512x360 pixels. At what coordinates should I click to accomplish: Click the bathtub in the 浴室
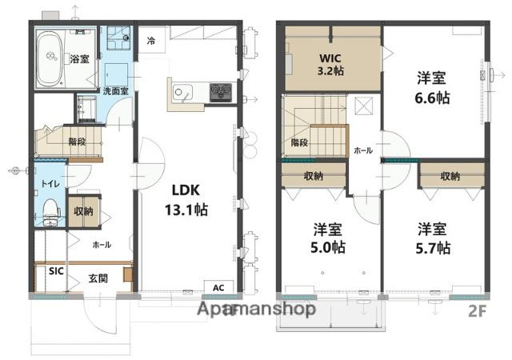pyautogui.click(x=50, y=59)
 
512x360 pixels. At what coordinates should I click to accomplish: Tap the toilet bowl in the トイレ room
pyautogui.click(x=51, y=209)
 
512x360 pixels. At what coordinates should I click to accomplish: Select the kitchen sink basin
pyautogui.click(x=182, y=92)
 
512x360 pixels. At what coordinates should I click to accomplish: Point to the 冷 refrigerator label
pyautogui.click(x=151, y=41)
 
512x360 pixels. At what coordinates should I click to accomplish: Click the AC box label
pyautogui.click(x=218, y=288)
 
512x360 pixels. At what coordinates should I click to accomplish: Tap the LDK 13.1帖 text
pyautogui.click(x=186, y=200)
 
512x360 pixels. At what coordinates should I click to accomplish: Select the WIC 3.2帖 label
pyautogui.click(x=330, y=64)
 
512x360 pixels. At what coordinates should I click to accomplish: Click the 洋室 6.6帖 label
pyautogui.click(x=432, y=87)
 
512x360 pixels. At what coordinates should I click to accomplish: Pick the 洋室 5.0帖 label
pyautogui.click(x=327, y=238)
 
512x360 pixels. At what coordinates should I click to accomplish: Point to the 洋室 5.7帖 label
pyautogui.click(x=433, y=238)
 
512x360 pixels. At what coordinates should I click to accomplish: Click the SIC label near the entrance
pyautogui.click(x=56, y=271)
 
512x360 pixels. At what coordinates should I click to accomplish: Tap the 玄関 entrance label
pyautogui.click(x=98, y=278)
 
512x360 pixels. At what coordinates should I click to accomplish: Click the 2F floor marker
pyautogui.click(x=478, y=311)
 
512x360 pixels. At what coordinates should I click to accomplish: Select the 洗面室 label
pyautogui.click(x=115, y=91)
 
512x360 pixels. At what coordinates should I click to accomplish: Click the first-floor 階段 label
pyautogui.click(x=77, y=142)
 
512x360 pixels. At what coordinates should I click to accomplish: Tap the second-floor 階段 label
pyautogui.click(x=299, y=142)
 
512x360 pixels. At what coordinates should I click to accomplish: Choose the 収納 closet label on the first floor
pyautogui.click(x=83, y=211)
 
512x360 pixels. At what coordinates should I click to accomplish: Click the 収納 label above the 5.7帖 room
pyautogui.click(x=450, y=177)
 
